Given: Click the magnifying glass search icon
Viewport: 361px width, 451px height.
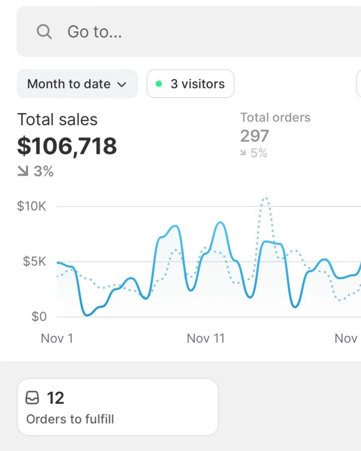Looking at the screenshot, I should pos(44,32).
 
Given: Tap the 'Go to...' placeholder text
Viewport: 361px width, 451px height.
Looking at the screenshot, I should pos(95,32).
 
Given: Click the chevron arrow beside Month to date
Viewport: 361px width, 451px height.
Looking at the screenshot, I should pos(122,85).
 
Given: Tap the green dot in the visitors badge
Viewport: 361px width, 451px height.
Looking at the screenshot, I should pos(159,84).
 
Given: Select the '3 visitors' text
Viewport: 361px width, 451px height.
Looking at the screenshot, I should pos(198,84).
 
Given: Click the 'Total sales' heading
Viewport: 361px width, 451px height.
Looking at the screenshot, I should pos(57,120).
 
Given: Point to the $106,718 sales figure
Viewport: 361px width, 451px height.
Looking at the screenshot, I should pos(67,146).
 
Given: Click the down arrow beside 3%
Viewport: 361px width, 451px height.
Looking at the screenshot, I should pos(23,171).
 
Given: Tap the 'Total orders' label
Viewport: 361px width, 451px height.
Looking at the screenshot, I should pos(275,118).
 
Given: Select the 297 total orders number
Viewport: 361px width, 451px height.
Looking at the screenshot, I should pos(254,136).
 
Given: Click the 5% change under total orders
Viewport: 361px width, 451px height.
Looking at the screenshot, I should pos(259,153).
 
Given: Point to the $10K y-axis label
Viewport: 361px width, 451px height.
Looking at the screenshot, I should pos(31,206).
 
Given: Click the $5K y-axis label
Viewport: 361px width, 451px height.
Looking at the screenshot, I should pos(34,261).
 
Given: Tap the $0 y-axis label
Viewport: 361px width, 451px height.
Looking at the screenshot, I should pos(39,316).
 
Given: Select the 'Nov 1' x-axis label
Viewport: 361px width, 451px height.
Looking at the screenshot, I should pos(57,338).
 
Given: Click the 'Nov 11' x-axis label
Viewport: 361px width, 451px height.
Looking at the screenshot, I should pos(206,338).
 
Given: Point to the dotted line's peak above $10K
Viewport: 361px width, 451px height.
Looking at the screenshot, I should pos(266,199).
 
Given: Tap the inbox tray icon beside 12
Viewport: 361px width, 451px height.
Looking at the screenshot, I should pos(32,398).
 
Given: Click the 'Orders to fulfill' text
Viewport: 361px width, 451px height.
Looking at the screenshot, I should pos(70,419).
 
